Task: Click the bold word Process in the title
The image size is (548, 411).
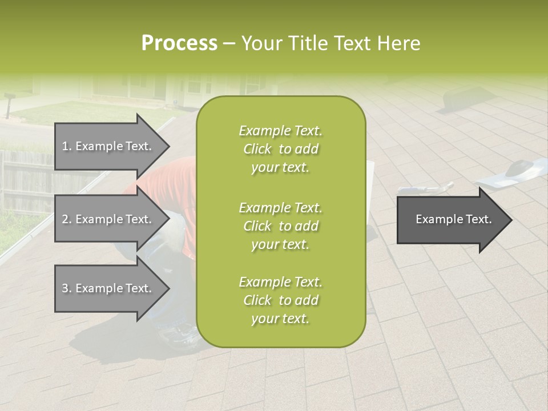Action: (179, 43)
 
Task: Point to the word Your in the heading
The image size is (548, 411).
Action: (261, 43)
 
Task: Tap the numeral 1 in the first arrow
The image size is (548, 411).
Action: (65, 146)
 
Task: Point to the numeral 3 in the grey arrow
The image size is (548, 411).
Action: (65, 288)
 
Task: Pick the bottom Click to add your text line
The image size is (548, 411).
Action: (280, 309)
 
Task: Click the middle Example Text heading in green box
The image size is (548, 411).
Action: (280, 208)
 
